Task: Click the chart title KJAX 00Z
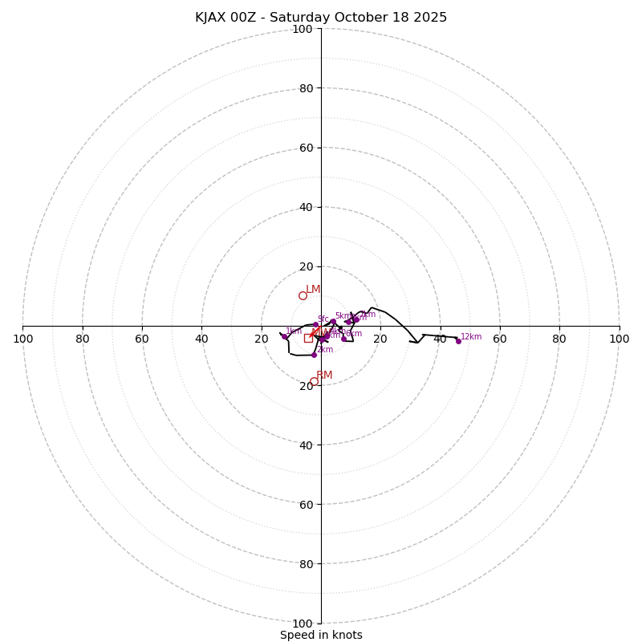[321, 18]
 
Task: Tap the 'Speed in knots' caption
[321, 635]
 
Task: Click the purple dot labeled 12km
[458, 341]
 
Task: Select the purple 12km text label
[471, 336]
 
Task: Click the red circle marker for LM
[303, 295]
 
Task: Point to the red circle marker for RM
[314, 381]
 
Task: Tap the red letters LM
[313, 289]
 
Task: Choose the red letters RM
[324, 375]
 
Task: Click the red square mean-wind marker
[308, 338]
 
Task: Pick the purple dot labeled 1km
[284, 336]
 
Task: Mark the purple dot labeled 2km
[314, 354]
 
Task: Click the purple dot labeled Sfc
[315, 325]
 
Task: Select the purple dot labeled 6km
[343, 338]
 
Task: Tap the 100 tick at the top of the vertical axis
[303, 29]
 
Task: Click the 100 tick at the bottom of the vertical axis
[303, 623]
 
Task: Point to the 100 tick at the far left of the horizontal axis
[23, 339]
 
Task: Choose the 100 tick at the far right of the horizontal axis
[619, 339]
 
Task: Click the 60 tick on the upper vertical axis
[306, 148]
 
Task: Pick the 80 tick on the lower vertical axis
[306, 563]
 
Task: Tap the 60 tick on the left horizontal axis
[142, 339]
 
